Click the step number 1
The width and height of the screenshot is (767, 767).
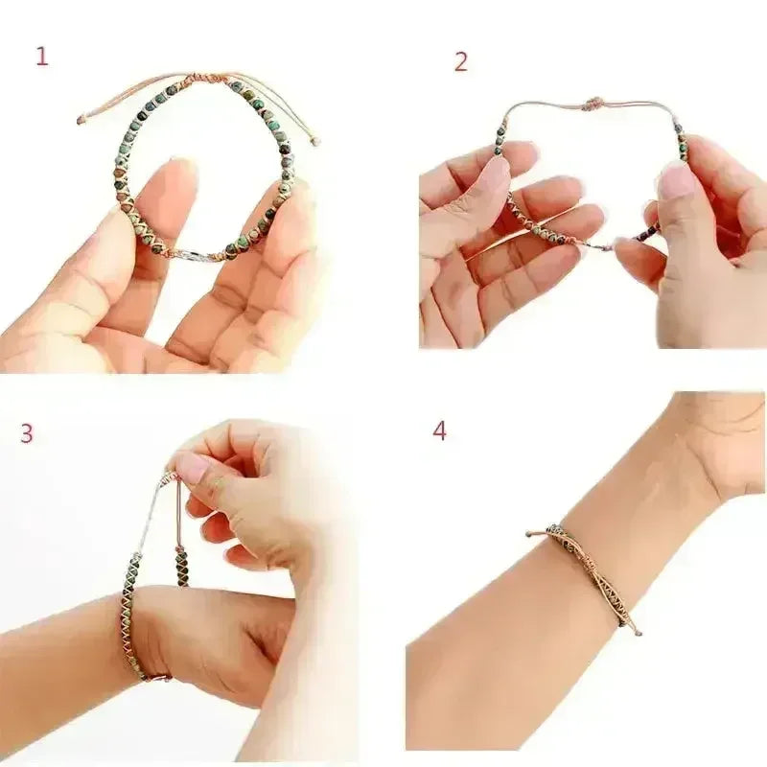[41, 57]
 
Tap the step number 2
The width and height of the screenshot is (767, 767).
[461, 62]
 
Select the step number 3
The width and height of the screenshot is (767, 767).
[27, 433]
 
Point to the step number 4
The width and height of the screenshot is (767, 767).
[439, 430]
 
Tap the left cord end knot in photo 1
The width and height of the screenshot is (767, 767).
[81, 119]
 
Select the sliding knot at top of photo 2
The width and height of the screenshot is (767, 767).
[593, 104]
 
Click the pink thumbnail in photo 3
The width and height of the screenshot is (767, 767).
[192, 467]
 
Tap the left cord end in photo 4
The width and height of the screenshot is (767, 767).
[531, 532]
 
